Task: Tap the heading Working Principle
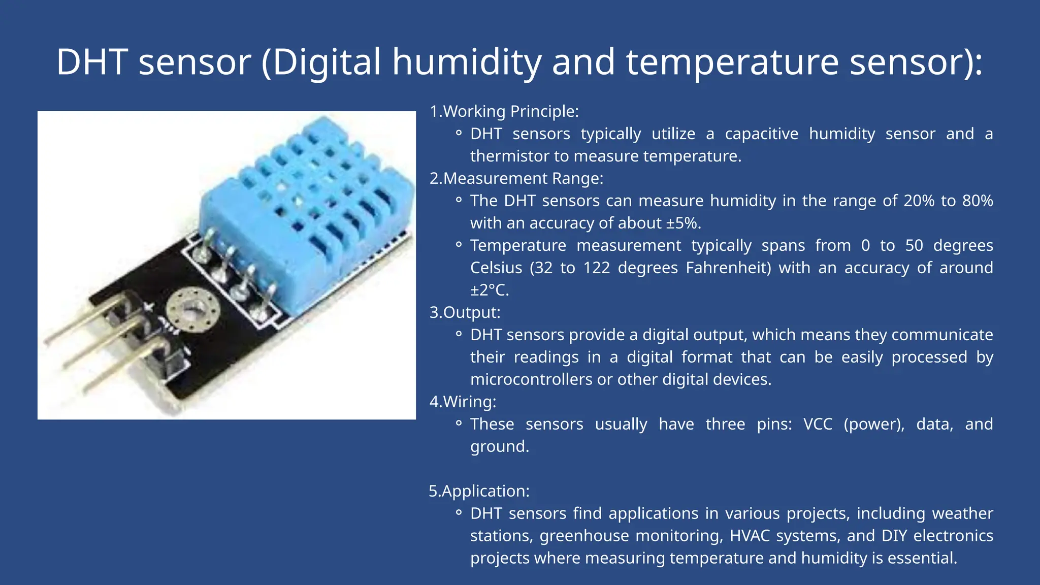[x=510, y=111]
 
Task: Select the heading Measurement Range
[x=523, y=178]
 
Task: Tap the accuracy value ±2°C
[x=489, y=290]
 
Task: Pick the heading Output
[x=471, y=312]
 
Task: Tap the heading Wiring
[x=469, y=402]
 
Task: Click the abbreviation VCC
[x=818, y=424]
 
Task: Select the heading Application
[x=485, y=491]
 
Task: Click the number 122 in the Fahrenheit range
[x=596, y=268]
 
